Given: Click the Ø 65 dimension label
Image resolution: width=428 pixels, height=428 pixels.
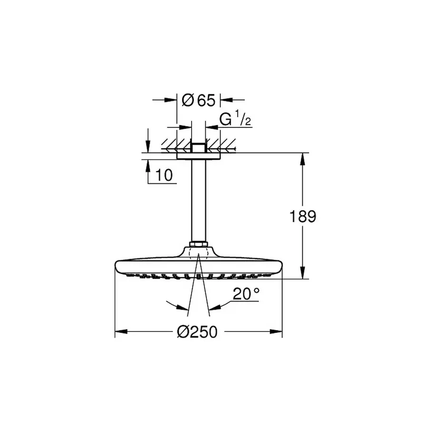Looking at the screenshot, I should tap(198, 100).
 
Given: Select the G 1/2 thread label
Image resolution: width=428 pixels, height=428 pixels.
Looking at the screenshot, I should tap(235, 120).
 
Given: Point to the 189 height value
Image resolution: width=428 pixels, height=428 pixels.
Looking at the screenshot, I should tap(303, 216).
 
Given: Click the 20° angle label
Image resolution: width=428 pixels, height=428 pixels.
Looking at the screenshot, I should tap(246, 294).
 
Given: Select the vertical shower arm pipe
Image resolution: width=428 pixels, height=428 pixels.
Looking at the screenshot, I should tap(199, 200).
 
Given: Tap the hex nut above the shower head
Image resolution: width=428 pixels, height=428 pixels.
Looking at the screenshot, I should tap(199, 245).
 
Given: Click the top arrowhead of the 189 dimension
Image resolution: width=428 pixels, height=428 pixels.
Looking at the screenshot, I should tap(302, 157).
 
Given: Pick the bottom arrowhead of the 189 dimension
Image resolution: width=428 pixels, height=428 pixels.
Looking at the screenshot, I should tap(302, 274).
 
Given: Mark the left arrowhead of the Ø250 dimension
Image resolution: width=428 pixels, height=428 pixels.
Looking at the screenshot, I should tap(119, 332).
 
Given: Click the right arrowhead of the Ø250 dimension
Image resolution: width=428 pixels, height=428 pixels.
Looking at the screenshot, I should tap(278, 332).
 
